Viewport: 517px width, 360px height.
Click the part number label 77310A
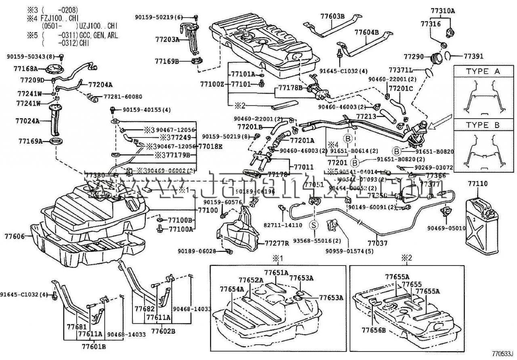[443, 11]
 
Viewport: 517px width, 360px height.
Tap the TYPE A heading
[483, 71]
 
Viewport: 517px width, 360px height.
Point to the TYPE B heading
[483, 125]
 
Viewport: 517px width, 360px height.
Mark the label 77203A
[167, 40]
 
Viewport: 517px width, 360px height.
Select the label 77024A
[27, 120]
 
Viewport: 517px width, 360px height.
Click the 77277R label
[277, 243]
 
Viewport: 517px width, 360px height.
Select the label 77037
[377, 243]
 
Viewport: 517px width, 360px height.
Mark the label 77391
[473, 57]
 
